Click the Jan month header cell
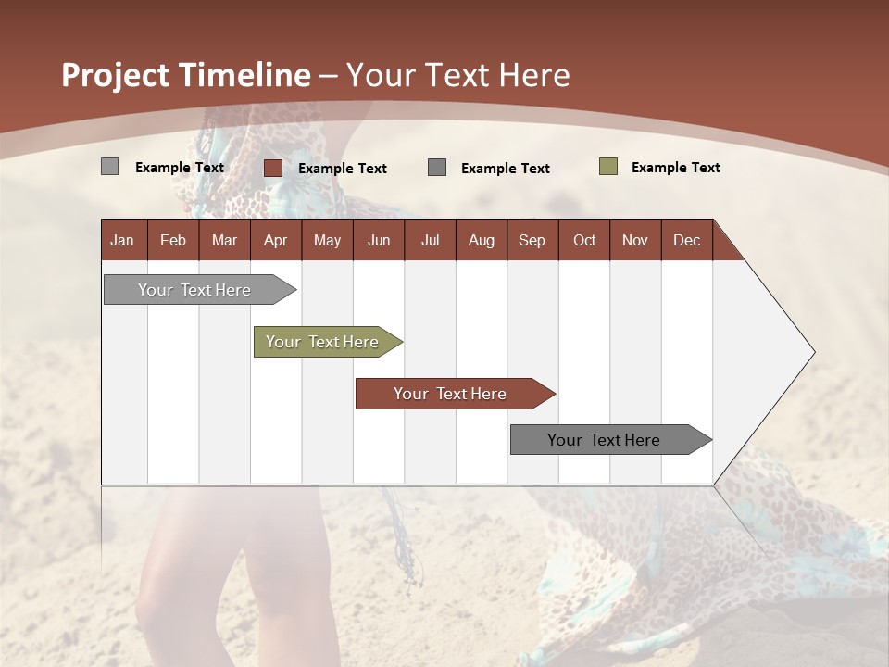click(x=123, y=241)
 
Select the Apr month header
click(x=276, y=241)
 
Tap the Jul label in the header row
click(x=430, y=241)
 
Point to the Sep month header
click(x=532, y=241)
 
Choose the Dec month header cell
click(x=686, y=241)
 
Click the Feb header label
click(x=173, y=241)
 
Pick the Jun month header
click(x=379, y=241)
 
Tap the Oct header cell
click(x=584, y=241)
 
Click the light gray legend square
click(x=110, y=167)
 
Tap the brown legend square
click(x=273, y=168)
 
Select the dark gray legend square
click(x=437, y=168)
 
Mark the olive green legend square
click(x=608, y=167)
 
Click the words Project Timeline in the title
click(x=186, y=75)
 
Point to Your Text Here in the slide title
click(x=458, y=75)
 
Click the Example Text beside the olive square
click(x=675, y=168)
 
